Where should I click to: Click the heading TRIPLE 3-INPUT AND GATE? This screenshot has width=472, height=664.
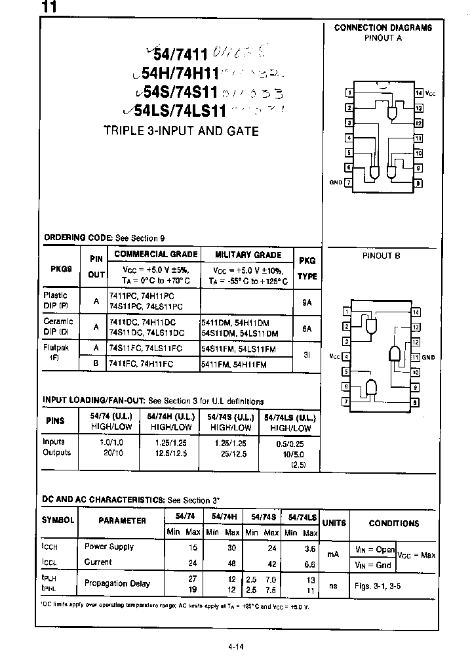(181, 131)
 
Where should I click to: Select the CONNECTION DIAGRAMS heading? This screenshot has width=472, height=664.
(383, 28)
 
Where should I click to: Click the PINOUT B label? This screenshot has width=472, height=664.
(381, 256)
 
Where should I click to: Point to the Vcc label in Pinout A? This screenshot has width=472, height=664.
(430, 93)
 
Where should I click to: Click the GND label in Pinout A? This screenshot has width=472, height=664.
(336, 182)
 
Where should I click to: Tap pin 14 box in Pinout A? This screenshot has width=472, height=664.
(418, 93)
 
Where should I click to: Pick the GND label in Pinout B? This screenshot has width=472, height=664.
(429, 358)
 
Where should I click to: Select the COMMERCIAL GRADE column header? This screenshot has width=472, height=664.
(155, 255)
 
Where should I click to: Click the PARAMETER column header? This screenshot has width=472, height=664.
(122, 521)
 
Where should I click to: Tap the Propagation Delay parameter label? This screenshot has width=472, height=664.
(117, 583)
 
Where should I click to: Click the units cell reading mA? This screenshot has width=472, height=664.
(334, 554)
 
